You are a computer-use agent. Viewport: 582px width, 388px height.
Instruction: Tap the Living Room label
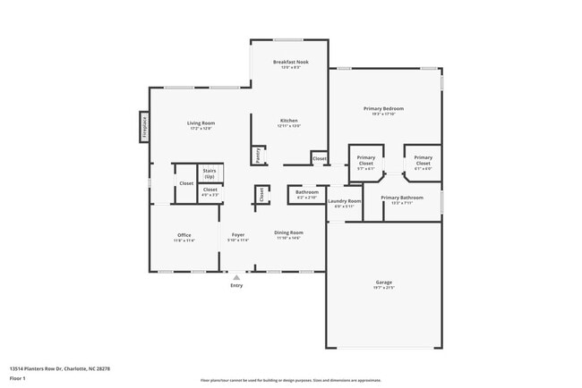click(201, 122)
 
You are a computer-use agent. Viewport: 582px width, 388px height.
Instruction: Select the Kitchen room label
click(288, 121)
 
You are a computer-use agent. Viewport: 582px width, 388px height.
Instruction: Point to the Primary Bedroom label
click(382, 109)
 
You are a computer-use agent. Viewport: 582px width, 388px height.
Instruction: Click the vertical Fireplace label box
click(143, 125)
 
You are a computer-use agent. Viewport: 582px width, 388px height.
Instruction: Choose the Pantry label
click(258, 156)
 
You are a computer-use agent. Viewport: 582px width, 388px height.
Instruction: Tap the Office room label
click(184, 235)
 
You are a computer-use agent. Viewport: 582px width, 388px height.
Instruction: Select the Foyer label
click(237, 235)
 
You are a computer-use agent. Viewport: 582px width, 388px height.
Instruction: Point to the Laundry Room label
click(344, 201)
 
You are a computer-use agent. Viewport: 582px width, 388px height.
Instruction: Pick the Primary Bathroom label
click(401, 198)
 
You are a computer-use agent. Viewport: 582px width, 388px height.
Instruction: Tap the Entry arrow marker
click(236, 277)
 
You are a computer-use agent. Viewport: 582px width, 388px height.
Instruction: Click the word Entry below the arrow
click(236, 285)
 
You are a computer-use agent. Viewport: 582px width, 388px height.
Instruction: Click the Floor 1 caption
click(18, 378)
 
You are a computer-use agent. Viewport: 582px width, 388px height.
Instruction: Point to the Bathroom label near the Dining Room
click(307, 191)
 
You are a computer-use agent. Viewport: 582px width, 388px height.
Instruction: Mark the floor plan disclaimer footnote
click(290, 380)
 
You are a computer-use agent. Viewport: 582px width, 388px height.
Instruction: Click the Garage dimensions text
click(383, 287)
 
